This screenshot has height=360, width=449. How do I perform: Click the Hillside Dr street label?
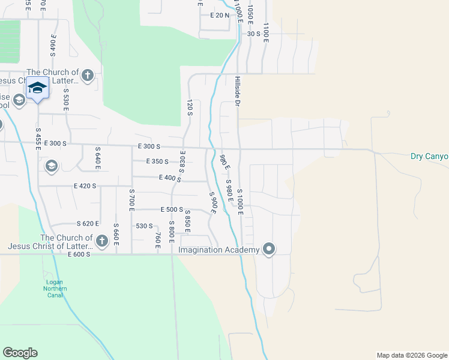click(x=238, y=91)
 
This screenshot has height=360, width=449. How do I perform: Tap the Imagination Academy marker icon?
click(x=269, y=249)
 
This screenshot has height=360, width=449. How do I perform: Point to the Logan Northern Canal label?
click(x=55, y=286)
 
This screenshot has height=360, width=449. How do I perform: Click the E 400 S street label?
click(x=170, y=178)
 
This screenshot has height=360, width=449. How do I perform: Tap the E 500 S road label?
click(x=171, y=209)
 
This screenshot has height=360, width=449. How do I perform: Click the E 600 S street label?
click(x=79, y=254)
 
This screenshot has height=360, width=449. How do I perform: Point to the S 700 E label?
click(x=131, y=199)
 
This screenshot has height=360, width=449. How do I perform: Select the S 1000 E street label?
click(x=240, y=200)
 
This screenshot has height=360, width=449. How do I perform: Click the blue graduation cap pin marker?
click(x=38, y=88)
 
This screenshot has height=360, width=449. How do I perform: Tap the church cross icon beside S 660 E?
click(x=101, y=241)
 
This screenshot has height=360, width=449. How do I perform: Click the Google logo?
click(x=20, y=353)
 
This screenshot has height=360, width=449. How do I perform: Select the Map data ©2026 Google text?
click(x=411, y=355)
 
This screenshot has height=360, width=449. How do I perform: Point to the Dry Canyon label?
click(x=429, y=157)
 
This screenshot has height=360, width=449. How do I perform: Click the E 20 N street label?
click(x=220, y=16)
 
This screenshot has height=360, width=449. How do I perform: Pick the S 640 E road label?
click(x=97, y=157)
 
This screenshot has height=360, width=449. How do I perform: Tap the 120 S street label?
click(x=190, y=107)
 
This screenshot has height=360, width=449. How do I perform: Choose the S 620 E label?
click(x=83, y=223)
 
